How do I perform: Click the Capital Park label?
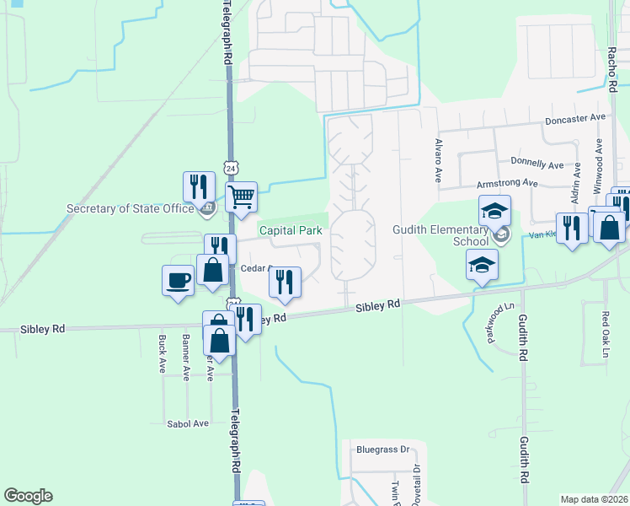coord(291,230)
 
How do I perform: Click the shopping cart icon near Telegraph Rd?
coord(241,197)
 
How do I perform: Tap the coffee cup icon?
coord(179,280)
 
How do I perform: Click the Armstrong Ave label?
coord(507,182)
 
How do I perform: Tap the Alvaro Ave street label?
coord(438,161)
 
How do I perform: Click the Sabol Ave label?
coord(187,423)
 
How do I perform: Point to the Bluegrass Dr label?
coord(381,449)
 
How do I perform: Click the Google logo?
coord(28,496)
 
